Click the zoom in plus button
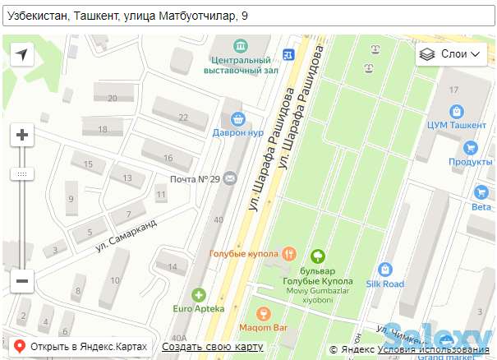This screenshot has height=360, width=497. (x=22, y=135)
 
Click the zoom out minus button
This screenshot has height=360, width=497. (x=22, y=280)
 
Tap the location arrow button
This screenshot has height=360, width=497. (x=22, y=54)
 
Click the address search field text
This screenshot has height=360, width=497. (x=123, y=16)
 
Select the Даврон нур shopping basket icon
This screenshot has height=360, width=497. (x=237, y=118)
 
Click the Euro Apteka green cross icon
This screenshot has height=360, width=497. (x=198, y=294)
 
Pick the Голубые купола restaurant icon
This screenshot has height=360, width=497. (x=288, y=253)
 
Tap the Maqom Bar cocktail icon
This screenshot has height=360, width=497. (x=263, y=314)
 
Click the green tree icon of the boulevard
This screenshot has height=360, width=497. (x=317, y=256)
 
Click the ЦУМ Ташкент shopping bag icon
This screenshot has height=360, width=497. (x=457, y=110)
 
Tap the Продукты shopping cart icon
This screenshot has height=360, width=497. (x=470, y=148)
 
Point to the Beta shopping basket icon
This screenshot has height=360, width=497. (x=481, y=192)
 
